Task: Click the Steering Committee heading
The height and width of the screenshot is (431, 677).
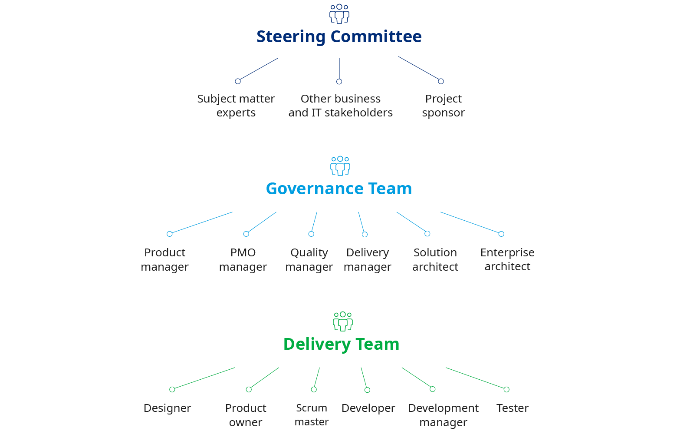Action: [x=338, y=36]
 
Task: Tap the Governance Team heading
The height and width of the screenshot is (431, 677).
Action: [x=338, y=189]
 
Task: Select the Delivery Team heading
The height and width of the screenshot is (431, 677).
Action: [x=341, y=344]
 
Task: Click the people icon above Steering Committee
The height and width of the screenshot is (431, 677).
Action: [x=339, y=13]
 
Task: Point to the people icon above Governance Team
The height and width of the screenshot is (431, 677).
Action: [x=340, y=166]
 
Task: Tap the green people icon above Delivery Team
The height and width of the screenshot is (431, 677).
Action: [x=342, y=321]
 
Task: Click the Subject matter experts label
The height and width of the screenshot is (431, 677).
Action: [x=236, y=106]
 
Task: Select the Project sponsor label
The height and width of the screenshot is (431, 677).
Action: [x=443, y=106]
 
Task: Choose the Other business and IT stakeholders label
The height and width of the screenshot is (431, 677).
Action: [x=340, y=106]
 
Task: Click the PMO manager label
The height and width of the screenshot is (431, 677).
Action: [x=243, y=259]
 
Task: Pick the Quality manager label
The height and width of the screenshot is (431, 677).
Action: [x=309, y=259]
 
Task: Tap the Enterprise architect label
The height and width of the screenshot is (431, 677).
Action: [x=507, y=259]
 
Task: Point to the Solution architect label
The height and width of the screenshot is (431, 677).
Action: [x=435, y=259]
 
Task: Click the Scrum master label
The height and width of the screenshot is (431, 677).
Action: [x=311, y=415]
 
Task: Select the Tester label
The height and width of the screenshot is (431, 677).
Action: [x=512, y=408]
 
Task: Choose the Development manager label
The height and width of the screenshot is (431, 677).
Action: [x=443, y=415]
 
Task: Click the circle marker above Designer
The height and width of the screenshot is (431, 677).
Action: [x=172, y=389]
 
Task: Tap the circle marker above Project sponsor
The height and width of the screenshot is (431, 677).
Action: [x=441, y=81]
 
